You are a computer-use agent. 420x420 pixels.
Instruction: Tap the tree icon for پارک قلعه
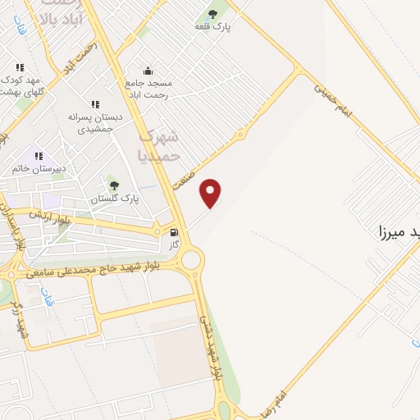point(213,13)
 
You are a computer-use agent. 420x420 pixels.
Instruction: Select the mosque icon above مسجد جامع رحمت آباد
point(148,71)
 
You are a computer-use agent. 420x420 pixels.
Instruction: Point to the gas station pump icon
point(173,232)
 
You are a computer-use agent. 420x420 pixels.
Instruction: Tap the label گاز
point(173,244)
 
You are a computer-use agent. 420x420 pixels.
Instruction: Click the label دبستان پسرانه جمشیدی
point(98,124)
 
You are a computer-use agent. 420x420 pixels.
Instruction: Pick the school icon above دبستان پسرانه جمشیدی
point(95,104)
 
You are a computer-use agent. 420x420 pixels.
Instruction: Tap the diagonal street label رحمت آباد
point(84,58)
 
